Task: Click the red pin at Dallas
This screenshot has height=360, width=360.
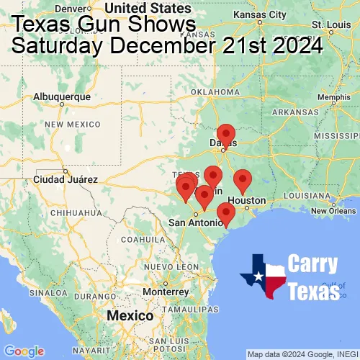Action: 226,135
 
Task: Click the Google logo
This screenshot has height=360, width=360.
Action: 24,351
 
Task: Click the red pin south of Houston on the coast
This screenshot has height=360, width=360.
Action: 226,214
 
